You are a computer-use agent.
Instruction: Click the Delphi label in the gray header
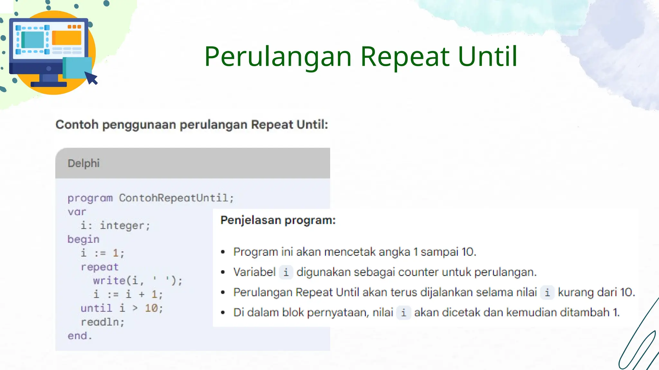coord(83,163)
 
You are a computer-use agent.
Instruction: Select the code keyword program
coord(90,198)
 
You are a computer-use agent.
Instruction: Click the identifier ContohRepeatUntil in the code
coord(174,198)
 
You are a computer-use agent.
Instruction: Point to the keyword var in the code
coord(77,212)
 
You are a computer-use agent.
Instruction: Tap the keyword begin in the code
coord(83,239)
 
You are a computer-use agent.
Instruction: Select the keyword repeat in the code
coord(99,267)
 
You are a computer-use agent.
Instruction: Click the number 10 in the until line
coord(151,308)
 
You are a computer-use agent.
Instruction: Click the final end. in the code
coord(79,336)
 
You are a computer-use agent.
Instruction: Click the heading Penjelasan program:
coord(278,220)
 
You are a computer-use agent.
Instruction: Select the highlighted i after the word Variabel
coord(286,272)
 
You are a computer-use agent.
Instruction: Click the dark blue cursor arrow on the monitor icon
coord(92,78)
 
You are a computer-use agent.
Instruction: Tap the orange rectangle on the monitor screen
coord(67,38)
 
